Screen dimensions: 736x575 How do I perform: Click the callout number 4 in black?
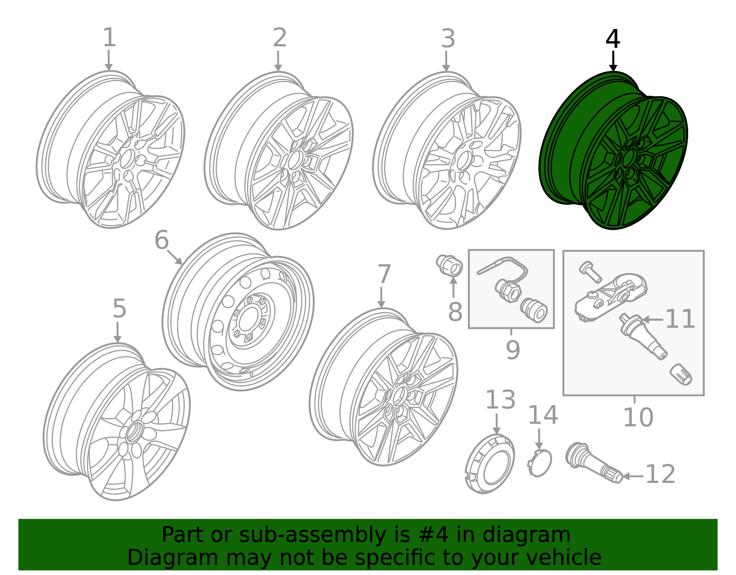tap(612, 39)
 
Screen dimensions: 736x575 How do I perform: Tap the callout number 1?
tap(109, 37)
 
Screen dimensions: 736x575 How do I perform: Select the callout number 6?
tap(161, 240)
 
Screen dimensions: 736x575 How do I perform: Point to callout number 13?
tap(500, 400)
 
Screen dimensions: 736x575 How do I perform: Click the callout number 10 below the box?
tap(638, 418)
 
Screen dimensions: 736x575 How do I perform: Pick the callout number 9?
tap(513, 350)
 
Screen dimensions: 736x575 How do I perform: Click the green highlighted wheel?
tap(613, 151)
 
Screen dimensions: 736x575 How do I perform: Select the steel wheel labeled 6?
tap(238, 312)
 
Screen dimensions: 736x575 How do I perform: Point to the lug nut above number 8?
tap(449, 266)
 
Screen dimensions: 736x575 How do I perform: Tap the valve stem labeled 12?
tap(594, 463)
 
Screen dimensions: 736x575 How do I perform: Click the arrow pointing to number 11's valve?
tap(652, 319)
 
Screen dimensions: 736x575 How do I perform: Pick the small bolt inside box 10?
tap(590, 272)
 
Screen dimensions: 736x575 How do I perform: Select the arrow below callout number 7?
tap(381, 297)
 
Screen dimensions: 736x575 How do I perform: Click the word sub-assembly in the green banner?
tap(312, 534)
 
